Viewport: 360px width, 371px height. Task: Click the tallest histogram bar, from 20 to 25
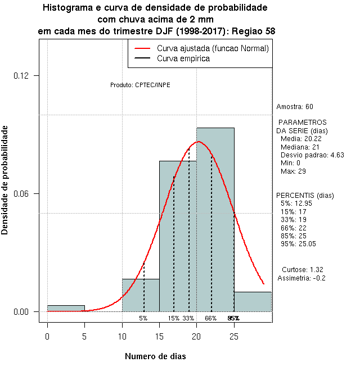tap(215, 225)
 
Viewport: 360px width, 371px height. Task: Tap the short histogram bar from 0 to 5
tap(66, 308)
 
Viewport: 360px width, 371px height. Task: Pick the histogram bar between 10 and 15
tap(141, 295)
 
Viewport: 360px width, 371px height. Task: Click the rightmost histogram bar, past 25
tap(253, 301)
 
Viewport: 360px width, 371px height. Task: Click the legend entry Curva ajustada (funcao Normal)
tap(213, 49)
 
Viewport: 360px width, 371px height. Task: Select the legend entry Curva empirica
tap(183, 58)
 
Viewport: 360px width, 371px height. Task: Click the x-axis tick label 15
tap(159, 337)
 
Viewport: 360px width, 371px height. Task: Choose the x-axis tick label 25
tap(234, 337)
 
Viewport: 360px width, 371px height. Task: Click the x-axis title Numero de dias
tap(155, 356)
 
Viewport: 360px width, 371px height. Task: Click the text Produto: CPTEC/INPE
tap(140, 85)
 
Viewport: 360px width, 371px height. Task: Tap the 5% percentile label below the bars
tap(143, 318)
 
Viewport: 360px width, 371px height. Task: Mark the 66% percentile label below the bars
tap(210, 318)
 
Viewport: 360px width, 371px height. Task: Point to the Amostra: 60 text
tap(295, 106)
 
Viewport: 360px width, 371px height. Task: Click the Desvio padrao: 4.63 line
tap(312, 155)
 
